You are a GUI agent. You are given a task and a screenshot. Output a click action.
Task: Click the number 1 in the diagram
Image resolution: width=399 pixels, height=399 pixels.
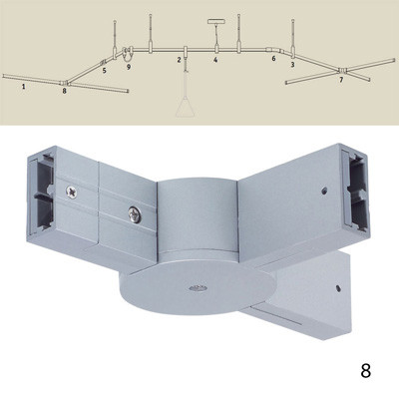point(22,87)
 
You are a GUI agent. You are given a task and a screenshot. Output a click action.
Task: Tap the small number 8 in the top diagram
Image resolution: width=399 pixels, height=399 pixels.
point(64,91)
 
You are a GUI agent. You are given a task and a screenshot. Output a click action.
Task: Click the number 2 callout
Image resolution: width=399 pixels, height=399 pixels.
point(179,62)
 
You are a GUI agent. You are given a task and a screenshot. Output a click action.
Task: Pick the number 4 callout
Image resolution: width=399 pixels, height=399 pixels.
point(215,62)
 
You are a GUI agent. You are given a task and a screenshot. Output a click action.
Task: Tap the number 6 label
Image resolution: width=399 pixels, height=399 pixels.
point(273,59)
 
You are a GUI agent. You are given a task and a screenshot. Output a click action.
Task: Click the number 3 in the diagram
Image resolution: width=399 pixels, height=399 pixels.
point(292,65)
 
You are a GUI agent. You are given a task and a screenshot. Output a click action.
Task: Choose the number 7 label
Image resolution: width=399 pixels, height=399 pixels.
point(340,80)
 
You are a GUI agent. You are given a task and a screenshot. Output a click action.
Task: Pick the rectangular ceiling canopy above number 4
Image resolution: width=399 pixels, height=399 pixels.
point(215,20)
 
